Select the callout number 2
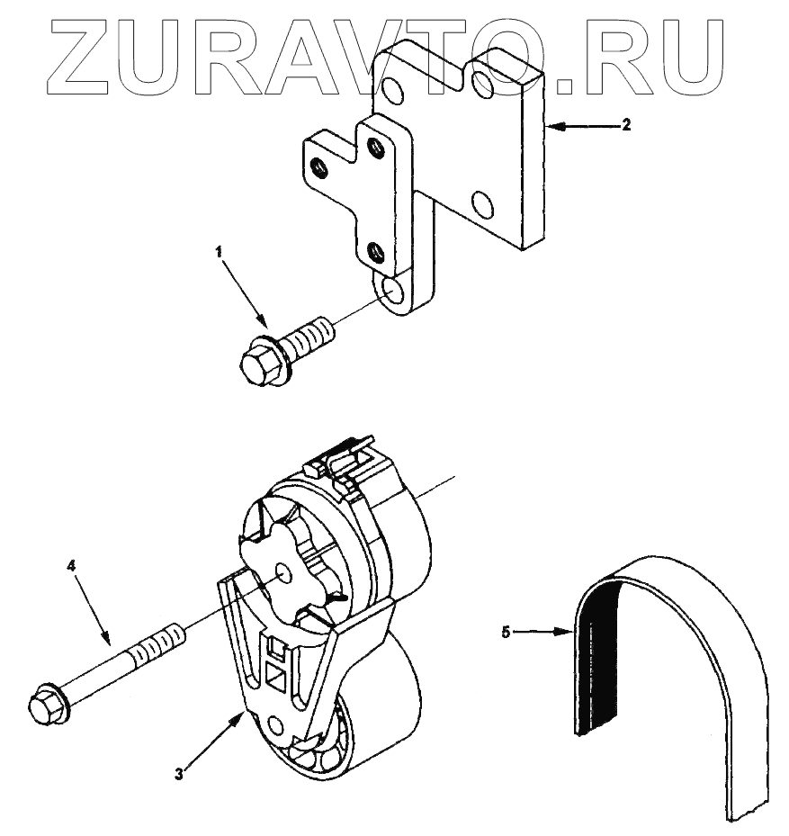click(626, 125)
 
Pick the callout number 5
click(506, 633)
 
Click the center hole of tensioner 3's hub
click(282, 572)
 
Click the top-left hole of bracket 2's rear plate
click(392, 88)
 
